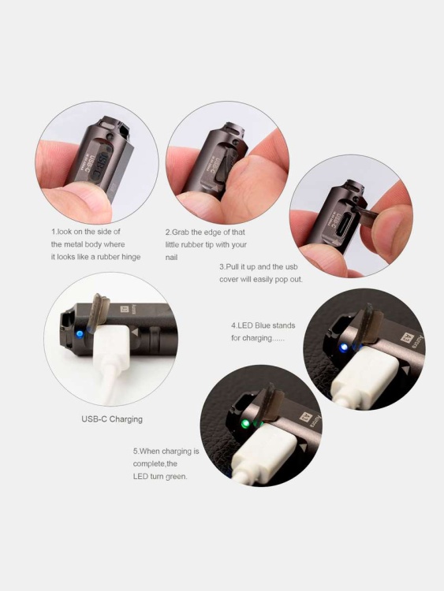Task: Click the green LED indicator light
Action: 245,425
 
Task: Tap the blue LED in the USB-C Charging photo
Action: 79,334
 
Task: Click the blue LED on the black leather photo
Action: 343,348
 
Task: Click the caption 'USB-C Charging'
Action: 112,419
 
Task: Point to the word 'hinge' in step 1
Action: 131,257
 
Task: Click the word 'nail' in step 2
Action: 171,258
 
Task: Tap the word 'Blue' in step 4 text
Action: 262,325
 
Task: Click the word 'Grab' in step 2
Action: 181,232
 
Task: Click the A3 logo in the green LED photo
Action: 306,418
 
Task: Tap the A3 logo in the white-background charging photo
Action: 125,310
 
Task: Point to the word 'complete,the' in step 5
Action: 155,464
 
